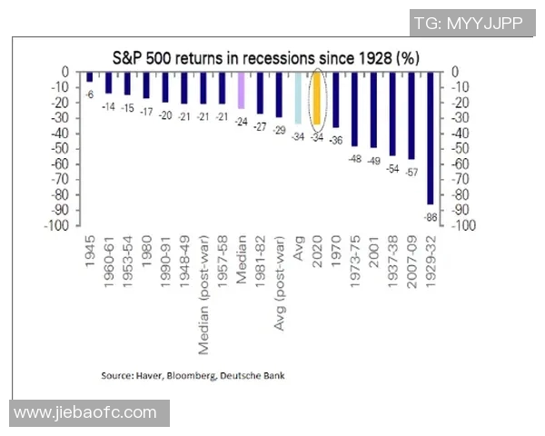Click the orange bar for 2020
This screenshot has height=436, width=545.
pos(317,98)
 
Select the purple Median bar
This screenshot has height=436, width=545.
pos(242,90)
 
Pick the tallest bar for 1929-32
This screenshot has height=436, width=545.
pos(431,138)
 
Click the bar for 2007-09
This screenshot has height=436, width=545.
pos(411,115)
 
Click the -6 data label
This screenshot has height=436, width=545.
pos(91,94)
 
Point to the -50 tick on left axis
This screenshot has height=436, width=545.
pos(64,149)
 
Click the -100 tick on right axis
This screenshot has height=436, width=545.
pos(456,225)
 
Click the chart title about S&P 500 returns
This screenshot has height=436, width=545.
pos(265,56)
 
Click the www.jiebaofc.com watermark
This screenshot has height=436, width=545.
pos(86,413)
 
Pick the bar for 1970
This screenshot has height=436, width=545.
pos(335,100)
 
